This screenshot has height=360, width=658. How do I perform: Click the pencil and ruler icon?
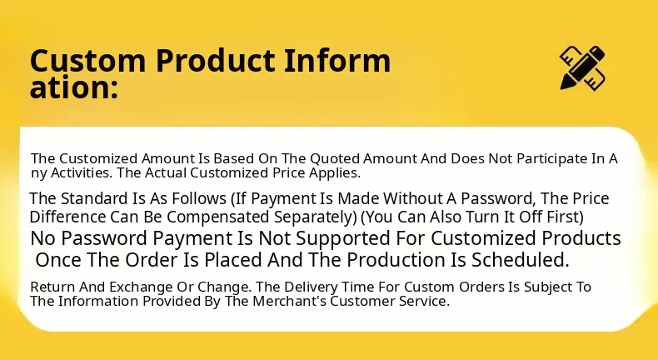click(582, 67)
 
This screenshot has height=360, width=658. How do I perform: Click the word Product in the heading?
click(215, 60)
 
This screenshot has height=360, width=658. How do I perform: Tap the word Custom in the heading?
click(87, 61)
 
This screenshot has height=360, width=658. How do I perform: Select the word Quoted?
click(335, 159)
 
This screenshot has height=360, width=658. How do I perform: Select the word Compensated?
click(218, 217)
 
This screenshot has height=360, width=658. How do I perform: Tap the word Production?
click(396, 260)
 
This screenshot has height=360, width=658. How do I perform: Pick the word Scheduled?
click(521, 260)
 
